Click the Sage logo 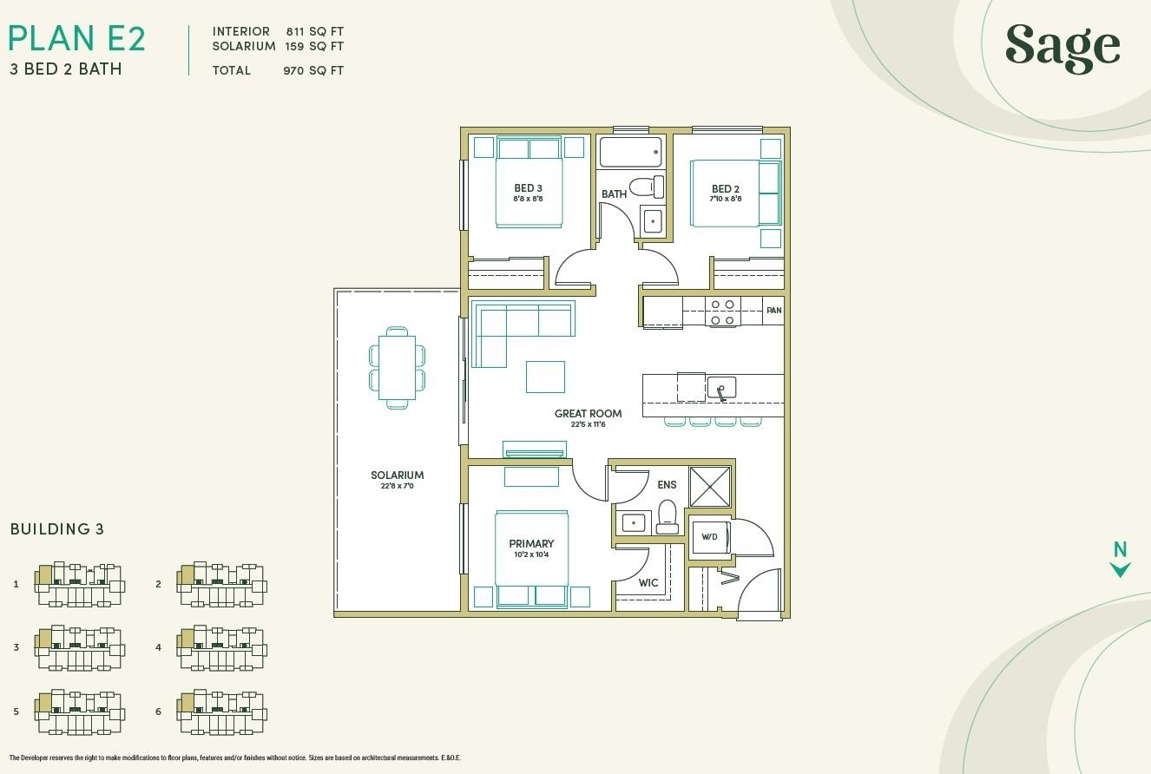pos(1062,49)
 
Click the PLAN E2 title pos(77,38)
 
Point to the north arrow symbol pos(1120,570)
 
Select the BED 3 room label pos(529,188)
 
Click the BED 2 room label pos(726,189)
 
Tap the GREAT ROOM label pos(588,413)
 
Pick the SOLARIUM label pos(398,476)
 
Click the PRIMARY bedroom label pos(531,543)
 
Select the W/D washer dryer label pos(709,537)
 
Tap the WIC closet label pos(648,583)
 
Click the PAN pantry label pos(773,311)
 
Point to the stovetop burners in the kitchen pos(722,312)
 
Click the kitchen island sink pos(721,388)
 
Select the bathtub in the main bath pos(630,152)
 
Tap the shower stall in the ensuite pos(710,487)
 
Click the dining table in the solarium pos(397,368)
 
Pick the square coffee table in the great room pos(545,377)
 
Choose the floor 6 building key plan pos(221,712)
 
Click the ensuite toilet pos(668,517)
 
